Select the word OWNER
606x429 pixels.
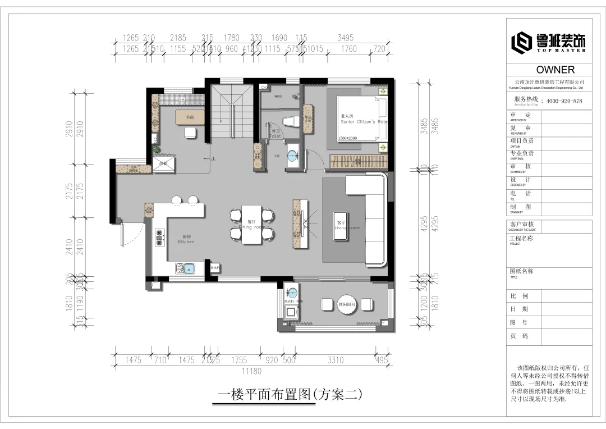click(x=555, y=70)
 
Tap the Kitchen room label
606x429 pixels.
click(x=186, y=239)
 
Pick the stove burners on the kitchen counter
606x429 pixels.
click(x=159, y=238)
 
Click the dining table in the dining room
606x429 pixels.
click(x=250, y=225)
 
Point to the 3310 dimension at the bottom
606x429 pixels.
click(x=335, y=360)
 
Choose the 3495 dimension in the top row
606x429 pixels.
click(x=345, y=38)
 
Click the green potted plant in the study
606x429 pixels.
click(x=156, y=149)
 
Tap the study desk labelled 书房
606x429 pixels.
click(x=190, y=117)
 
